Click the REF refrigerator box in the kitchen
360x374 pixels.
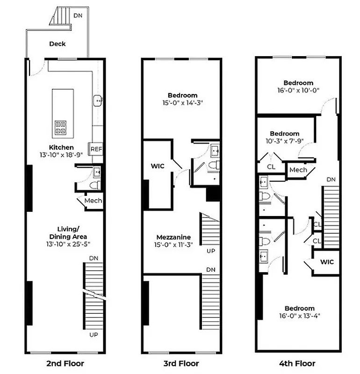(96, 149)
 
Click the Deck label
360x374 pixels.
(58, 44)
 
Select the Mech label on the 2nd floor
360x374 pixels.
(93, 201)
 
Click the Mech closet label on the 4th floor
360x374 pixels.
(298, 170)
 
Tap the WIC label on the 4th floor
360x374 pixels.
(327, 261)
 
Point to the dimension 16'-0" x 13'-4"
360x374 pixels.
(299, 316)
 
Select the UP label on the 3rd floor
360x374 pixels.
(211, 251)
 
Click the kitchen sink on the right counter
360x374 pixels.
(98, 100)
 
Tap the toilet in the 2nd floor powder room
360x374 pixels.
(95, 185)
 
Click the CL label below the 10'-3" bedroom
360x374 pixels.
(271, 167)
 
